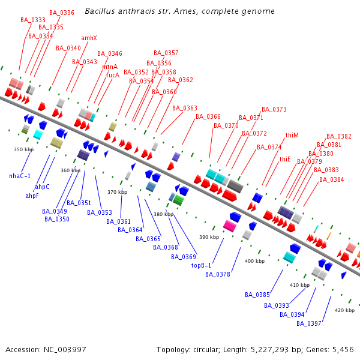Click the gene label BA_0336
pos(62,13)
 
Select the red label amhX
pos(89,38)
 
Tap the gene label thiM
pos(292,136)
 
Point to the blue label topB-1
pos(202,265)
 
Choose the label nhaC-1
pos(20,176)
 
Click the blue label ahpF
pos(32,196)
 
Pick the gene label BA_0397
pos(309,323)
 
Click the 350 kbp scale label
pos(23,149)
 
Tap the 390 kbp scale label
pos(209,237)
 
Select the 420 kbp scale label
pos(344,310)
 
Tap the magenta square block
pos(229,226)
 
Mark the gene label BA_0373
pos(274,109)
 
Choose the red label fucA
pos(113,76)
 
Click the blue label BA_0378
pos(218,274)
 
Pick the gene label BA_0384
pos(332,179)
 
